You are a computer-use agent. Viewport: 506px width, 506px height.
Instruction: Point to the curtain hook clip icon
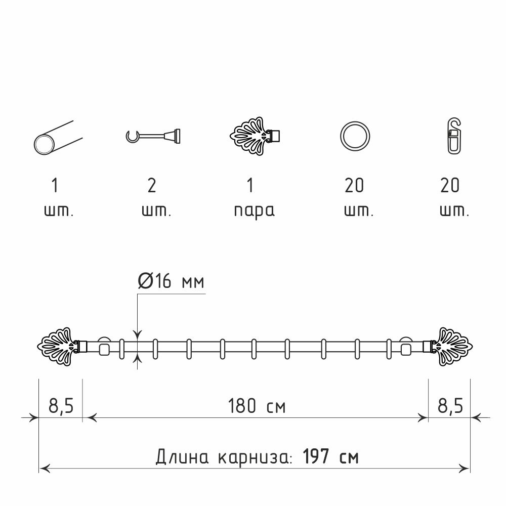454,136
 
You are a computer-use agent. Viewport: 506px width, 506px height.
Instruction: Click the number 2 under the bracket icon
152,186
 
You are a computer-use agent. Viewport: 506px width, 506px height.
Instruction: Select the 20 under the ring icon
354,186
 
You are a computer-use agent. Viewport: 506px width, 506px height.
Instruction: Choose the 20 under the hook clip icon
450,186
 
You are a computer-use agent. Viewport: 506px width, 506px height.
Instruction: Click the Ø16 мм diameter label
171,281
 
